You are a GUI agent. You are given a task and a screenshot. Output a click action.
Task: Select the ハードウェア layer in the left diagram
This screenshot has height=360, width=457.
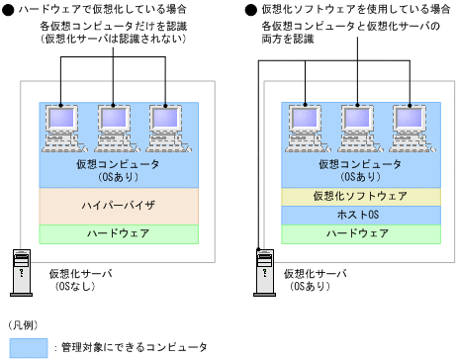pyautogui.click(x=118, y=234)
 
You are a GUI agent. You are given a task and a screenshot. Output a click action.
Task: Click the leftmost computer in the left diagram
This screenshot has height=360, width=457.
pyautogui.click(x=62, y=125)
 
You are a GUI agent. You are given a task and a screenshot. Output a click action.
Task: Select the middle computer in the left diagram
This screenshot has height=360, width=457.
pyautogui.click(x=117, y=125)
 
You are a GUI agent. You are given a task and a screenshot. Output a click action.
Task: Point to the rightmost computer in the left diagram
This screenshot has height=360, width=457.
pyautogui.click(x=171, y=125)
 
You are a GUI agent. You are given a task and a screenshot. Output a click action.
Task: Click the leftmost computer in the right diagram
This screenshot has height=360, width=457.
pyautogui.click(x=306, y=125)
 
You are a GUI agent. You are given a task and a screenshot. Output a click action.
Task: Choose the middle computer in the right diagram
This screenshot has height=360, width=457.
pyautogui.click(x=359, y=125)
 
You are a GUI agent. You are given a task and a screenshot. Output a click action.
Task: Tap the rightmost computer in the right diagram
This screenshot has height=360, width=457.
pyautogui.click(x=413, y=125)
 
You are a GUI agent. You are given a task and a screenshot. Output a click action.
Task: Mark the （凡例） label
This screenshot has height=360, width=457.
pyautogui.click(x=24, y=324)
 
